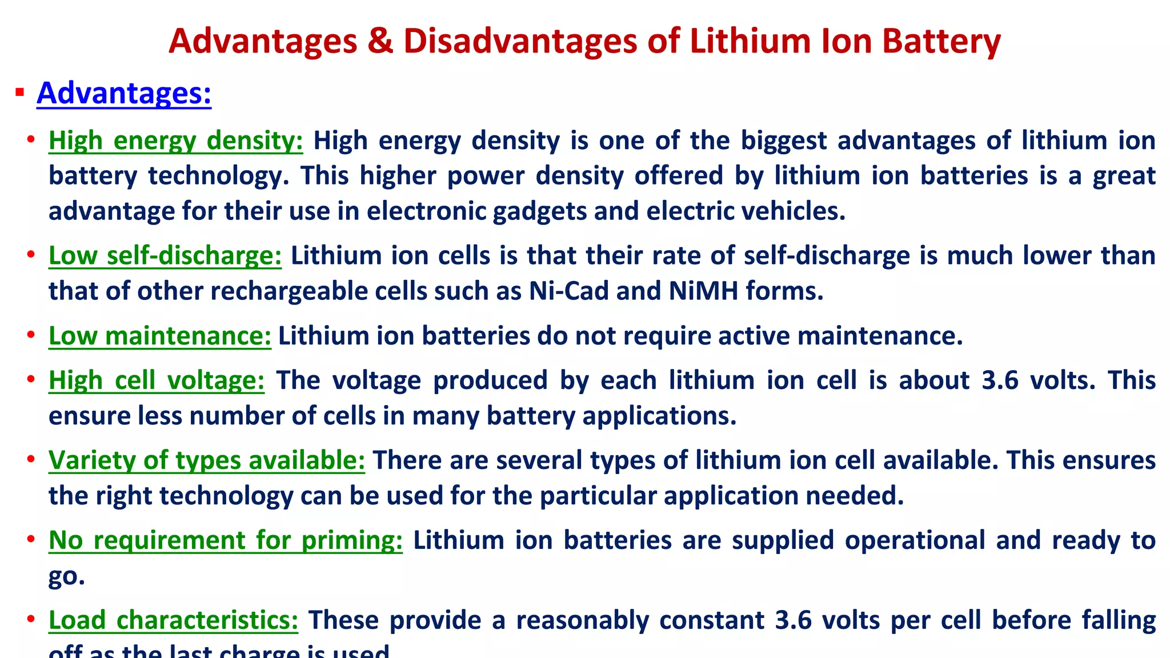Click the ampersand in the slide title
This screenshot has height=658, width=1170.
(380, 41)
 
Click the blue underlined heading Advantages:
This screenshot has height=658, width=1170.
(124, 93)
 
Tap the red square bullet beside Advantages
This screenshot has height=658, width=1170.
(20, 92)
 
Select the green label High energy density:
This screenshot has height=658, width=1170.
(175, 141)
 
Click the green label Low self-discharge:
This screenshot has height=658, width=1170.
(165, 255)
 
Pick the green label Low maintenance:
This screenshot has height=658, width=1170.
(160, 336)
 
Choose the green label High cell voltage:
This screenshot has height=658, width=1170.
(157, 380)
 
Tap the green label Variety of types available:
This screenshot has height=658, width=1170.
(206, 460)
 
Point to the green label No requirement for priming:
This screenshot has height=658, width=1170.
(226, 540)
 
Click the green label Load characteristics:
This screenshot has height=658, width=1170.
(173, 620)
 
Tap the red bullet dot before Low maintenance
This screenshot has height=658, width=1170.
(31, 335)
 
